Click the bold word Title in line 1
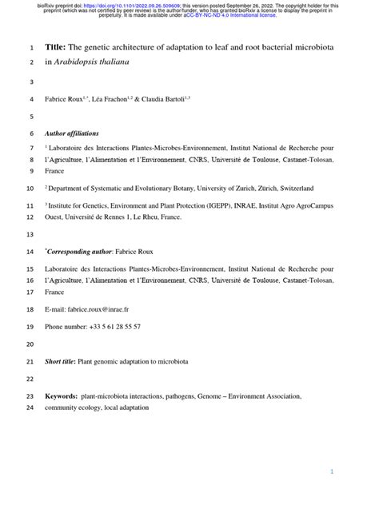point(56,48)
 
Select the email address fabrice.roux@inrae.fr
point(94,308)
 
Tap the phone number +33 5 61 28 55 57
point(105,327)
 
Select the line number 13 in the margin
point(30,234)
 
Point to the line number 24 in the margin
point(30,408)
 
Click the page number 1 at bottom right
point(332,472)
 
